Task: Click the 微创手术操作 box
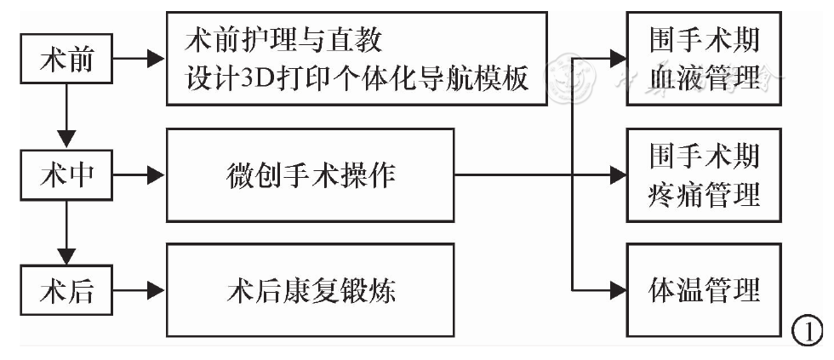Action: point(311,175)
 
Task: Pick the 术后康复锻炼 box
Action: point(311,290)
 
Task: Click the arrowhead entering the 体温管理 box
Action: point(617,290)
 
